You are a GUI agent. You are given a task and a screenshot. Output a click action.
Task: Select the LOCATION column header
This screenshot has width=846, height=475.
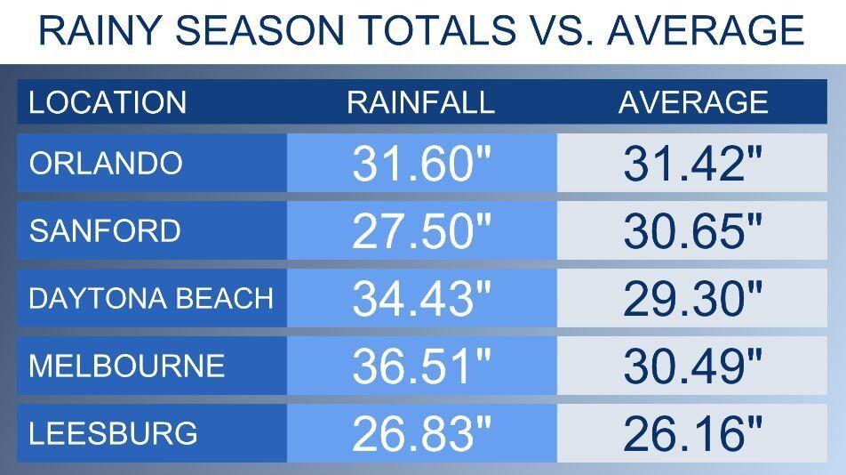(x=108, y=102)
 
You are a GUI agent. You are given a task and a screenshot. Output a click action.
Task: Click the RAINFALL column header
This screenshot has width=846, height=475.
(x=420, y=102)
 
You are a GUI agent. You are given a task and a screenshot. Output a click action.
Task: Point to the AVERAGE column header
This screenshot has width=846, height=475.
(x=693, y=102)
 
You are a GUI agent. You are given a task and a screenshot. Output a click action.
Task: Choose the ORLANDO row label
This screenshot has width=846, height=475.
(x=106, y=164)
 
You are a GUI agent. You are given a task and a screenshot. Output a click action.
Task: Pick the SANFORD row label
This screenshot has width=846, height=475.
(x=105, y=231)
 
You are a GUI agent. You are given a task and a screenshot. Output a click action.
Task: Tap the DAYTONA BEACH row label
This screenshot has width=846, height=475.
(x=151, y=299)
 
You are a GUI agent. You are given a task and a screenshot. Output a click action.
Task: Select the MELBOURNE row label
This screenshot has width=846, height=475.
(x=127, y=366)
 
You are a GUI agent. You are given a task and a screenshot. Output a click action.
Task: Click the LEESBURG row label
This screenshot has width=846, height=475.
(x=113, y=434)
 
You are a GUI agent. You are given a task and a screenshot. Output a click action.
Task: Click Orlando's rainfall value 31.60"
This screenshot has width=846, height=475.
(x=421, y=164)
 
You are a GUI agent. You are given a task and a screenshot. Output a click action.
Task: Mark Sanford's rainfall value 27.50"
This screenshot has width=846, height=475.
(x=421, y=231)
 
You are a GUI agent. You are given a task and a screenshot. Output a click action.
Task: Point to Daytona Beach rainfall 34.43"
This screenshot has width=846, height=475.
(x=421, y=299)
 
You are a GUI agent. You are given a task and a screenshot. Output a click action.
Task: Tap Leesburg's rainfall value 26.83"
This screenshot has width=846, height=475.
(x=421, y=434)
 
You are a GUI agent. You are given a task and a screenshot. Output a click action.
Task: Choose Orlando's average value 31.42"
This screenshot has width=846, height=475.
(x=692, y=164)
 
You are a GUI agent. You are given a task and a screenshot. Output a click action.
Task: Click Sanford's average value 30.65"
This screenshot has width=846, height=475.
(x=692, y=231)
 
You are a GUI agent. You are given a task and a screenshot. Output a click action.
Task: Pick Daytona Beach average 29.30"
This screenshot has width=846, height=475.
(x=692, y=299)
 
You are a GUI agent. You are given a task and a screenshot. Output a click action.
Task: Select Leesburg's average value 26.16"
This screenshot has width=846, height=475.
(x=692, y=434)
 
